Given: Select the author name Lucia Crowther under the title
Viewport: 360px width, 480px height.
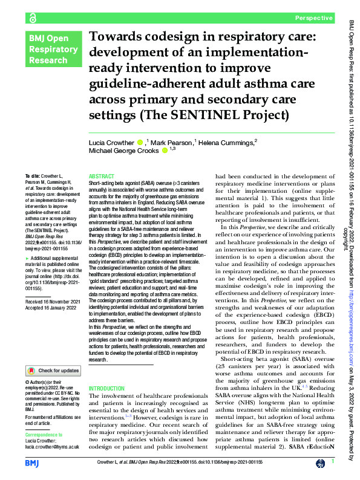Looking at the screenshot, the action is [x=112, y=143].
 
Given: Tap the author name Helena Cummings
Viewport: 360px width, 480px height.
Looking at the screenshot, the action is [x=227, y=143].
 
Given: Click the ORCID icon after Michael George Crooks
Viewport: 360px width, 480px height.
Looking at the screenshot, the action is [x=165, y=152].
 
